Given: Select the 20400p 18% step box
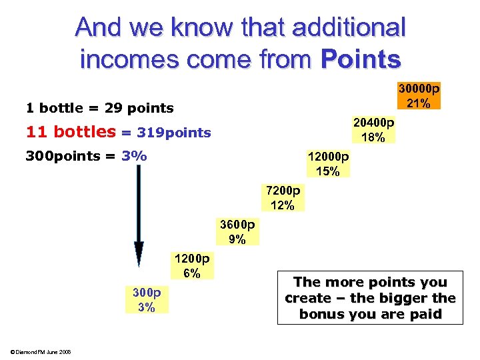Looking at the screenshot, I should click(373, 130).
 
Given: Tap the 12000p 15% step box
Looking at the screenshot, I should click(327, 164).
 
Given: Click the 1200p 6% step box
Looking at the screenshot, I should click(192, 265).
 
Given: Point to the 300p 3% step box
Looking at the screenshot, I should click(147, 300).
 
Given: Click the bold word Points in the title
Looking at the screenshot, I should click(361, 59).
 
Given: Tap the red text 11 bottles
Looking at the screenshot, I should click(71, 132).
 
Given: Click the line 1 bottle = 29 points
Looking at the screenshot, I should click(99, 108).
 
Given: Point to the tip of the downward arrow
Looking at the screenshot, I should click(139, 264).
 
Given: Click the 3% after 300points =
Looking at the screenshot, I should click(134, 157).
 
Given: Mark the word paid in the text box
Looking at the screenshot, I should click(426, 314).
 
